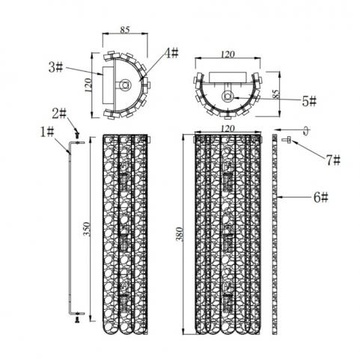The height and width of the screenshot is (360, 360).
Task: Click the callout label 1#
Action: click(47, 132)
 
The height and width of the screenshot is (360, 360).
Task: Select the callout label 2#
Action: click(59, 114)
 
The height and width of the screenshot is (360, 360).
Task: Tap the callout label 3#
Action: click(55, 67)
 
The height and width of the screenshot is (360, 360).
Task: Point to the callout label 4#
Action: click(171, 53)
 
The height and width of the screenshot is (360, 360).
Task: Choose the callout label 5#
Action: click(309, 101)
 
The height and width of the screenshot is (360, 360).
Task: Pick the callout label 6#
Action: click(321, 198)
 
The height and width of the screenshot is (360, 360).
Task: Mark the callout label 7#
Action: click(334, 160)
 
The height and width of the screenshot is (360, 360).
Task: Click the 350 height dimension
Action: click(87, 229)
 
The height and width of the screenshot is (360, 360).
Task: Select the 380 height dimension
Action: click(180, 234)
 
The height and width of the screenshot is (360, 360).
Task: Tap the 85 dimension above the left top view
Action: click(125, 30)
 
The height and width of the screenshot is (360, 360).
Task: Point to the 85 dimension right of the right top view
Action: click(275, 94)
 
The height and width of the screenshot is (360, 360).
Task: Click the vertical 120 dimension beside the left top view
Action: click(88, 85)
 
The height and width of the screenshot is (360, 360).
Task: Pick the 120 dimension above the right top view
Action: click(228, 55)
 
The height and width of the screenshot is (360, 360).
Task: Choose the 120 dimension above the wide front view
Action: click(228, 129)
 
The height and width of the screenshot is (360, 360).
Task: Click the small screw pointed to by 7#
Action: click(287, 140)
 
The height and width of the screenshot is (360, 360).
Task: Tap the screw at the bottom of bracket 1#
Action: click(77, 320)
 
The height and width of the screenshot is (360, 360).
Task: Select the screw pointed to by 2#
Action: click(78, 135)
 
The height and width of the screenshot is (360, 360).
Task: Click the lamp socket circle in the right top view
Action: click(228, 96)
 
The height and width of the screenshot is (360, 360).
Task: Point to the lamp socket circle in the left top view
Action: click(125, 85)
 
